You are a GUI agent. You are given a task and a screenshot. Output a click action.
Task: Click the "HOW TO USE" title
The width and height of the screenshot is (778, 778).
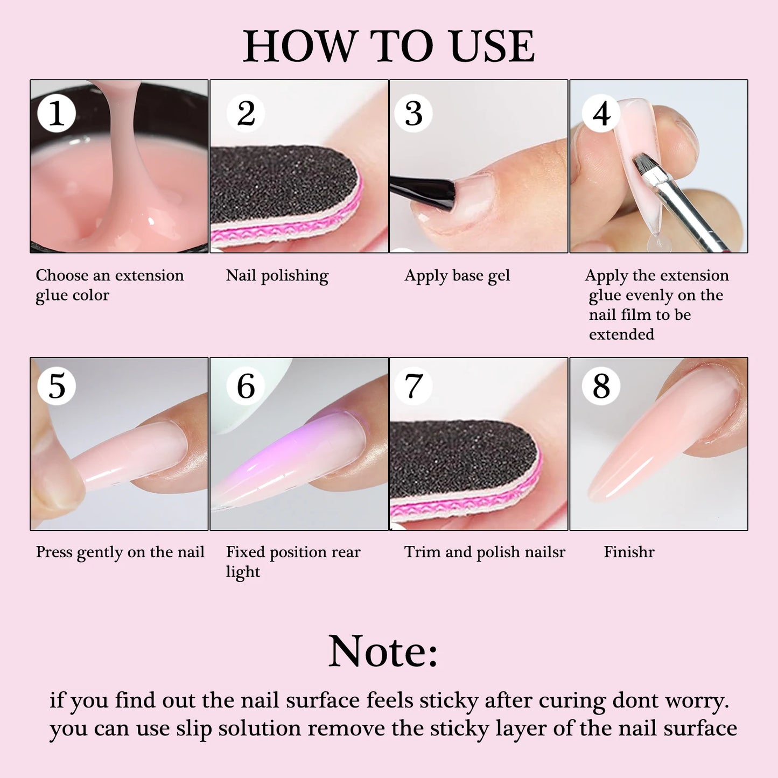[389, 46]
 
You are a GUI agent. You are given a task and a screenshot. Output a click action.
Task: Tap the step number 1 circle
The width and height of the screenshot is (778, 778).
[56, 114]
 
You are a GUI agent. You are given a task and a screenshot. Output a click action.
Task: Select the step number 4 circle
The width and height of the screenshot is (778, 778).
[601, 114]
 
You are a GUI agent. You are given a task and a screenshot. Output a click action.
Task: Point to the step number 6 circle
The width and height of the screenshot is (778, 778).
[246, 386]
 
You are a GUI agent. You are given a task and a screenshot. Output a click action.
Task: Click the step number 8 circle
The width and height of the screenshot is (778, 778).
[601, 386]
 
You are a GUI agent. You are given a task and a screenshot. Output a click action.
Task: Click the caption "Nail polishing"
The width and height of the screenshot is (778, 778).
[277, 276]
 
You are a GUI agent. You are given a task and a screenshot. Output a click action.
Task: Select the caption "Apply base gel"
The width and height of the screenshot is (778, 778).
[457, 276]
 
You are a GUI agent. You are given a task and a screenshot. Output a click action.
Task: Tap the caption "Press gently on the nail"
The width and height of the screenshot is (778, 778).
[120, 552]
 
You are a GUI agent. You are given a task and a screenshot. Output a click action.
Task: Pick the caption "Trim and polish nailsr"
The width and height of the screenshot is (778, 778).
[485, 552]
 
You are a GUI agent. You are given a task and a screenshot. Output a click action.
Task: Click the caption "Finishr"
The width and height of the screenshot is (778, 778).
[629, 552]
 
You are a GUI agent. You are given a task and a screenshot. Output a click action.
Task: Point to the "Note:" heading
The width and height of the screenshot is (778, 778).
[383, 651]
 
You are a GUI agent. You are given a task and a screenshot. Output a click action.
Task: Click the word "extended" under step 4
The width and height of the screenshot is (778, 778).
[621, 334]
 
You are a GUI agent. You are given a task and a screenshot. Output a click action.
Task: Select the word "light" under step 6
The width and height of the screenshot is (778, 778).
[243, 572]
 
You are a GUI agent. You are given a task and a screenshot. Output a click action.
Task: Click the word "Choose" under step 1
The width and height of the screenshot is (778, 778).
[62, 276]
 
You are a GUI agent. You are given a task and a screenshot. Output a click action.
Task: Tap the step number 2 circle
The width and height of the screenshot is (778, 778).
[246, 114]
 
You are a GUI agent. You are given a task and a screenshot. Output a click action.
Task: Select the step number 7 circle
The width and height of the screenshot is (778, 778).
[413, 386]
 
